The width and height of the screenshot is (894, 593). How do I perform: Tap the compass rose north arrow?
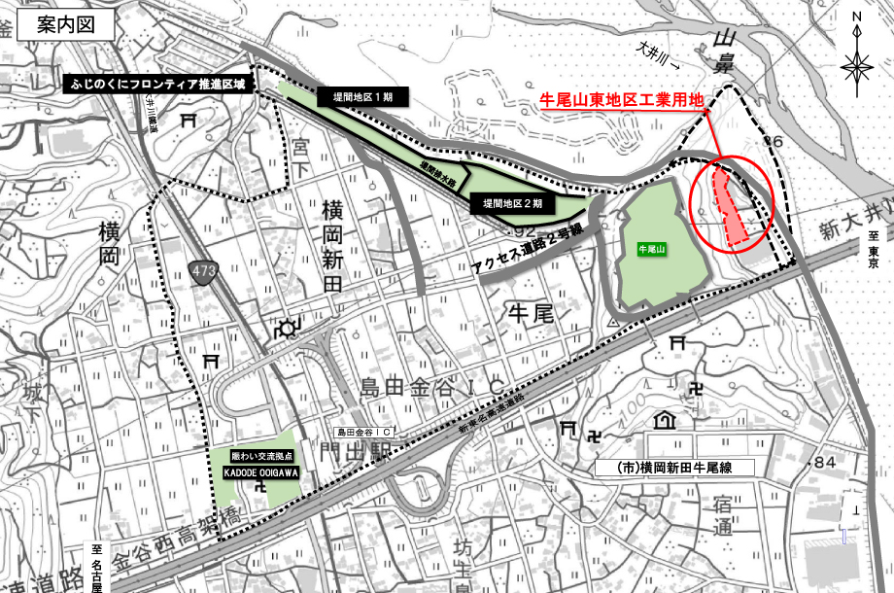(x=856, y=64)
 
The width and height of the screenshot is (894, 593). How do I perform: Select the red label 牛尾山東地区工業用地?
(x=621, y=99)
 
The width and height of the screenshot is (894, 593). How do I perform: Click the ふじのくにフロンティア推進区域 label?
(x=161, y=85)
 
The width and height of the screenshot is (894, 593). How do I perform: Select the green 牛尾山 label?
(x=649, y=249)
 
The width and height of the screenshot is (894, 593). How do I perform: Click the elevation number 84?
(x=826, y=460)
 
